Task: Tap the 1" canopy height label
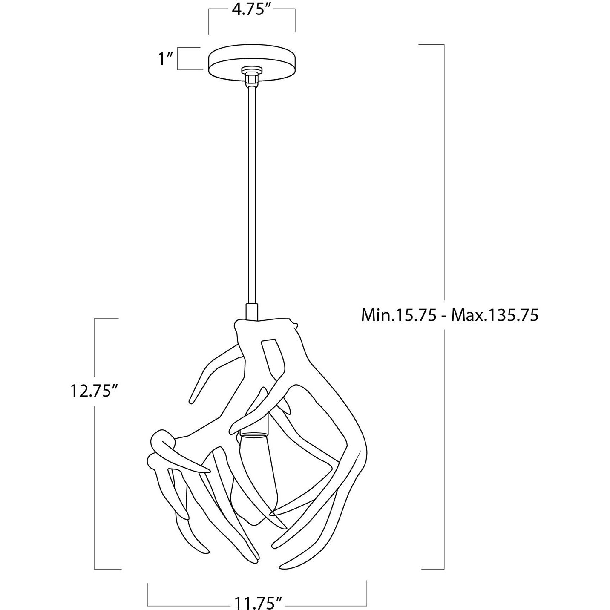[165, 59]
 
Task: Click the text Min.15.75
[399, 316]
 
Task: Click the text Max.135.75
[495, 316]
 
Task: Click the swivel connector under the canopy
[251, 77]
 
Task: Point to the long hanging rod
[251, 192]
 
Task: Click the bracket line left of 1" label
[178, 59]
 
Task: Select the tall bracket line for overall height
[444, 170]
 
